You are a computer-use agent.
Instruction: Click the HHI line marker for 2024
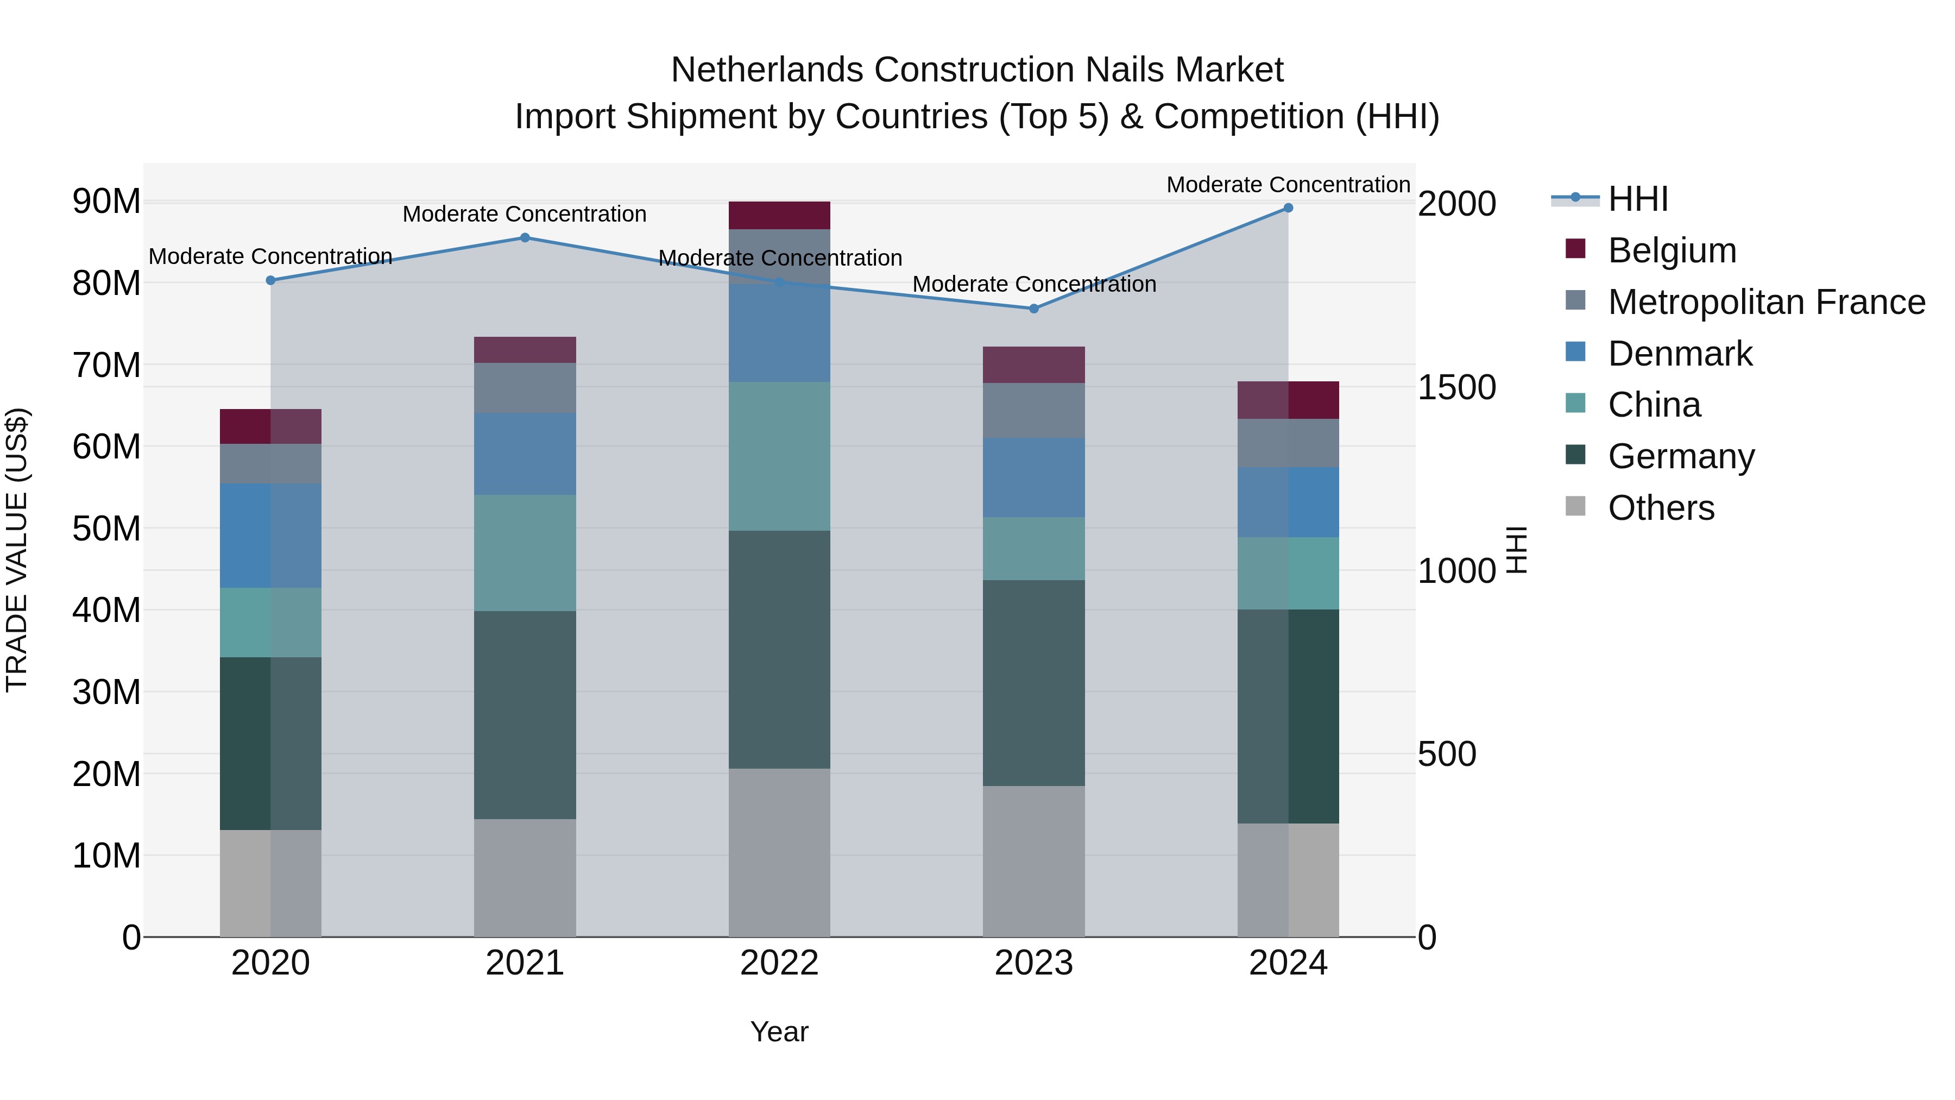coord(1288,208)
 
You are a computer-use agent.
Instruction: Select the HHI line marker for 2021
coord(525,237)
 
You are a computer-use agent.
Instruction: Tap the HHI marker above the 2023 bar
coord(1033,309)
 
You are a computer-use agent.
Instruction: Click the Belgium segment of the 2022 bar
coord(779,216)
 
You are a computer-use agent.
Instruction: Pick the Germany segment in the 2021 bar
coord(525,714)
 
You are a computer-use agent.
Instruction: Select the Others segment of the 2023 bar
coord(1033,861)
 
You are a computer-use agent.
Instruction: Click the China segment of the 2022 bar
coord(779,456)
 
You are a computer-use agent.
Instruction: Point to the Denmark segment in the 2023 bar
coord(1033,477)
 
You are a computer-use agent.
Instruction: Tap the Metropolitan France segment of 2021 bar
coord(525,388)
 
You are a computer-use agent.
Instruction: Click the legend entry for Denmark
coord(1680,354)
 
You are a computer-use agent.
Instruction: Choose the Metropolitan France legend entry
coord(1766,302)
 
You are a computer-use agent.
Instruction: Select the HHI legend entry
coord(1638,199)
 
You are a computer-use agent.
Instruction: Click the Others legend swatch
coord(1575,506)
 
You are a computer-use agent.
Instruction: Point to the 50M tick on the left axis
coord(106,529)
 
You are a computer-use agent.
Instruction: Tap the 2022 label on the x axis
coord(779,963)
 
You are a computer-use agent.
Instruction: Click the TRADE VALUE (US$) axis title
coord(17,550)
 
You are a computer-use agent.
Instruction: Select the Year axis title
coord(779,1032)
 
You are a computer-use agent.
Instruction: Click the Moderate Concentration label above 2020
coord(270,256)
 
